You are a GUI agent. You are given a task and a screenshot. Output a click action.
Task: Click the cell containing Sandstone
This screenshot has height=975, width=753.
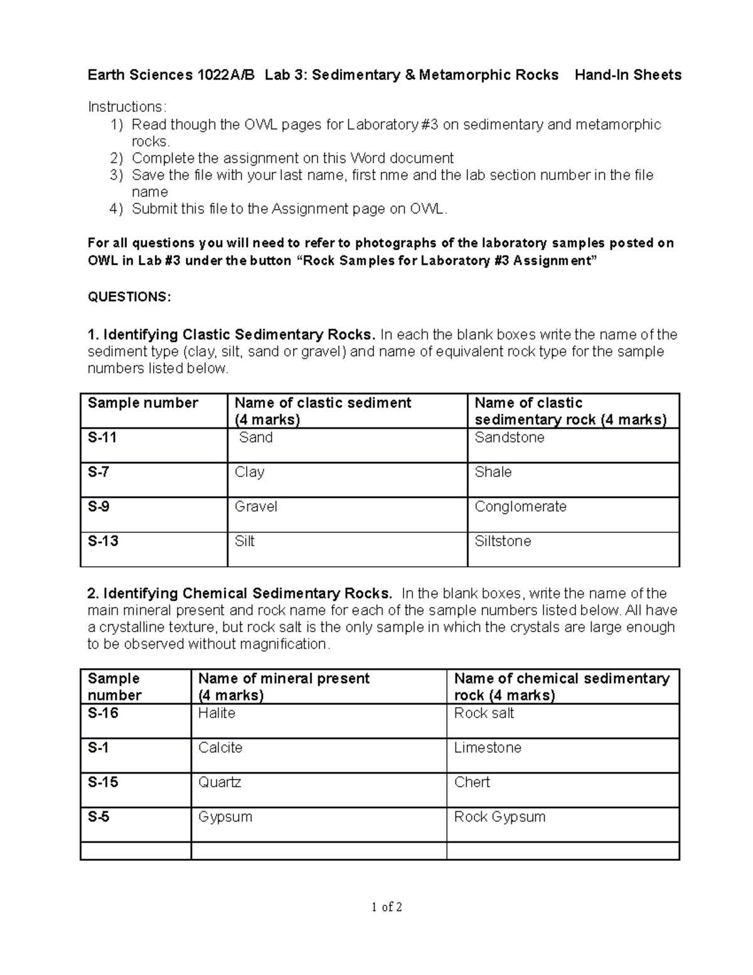coord(509,438)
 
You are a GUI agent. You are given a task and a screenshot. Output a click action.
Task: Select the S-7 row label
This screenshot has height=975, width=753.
coord(99,472)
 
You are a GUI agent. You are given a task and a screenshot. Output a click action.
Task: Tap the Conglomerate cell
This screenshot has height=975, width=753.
coord(520,507)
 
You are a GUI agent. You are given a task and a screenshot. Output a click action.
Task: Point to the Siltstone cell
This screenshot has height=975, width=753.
coord(503,541)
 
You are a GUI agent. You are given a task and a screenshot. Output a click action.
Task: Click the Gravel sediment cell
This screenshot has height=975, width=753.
coord(255,507)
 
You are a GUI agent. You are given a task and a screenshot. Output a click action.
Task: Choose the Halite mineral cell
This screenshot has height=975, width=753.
coord(216,713)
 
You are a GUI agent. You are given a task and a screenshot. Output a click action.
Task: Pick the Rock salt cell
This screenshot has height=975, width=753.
coord(484,713)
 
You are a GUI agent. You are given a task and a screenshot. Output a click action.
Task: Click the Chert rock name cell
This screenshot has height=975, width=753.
coord(472,782)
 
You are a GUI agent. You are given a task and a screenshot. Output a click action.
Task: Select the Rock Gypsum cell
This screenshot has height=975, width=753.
coord(499,817)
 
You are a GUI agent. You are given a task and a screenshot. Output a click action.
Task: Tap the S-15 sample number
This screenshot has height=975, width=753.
coord(103,782)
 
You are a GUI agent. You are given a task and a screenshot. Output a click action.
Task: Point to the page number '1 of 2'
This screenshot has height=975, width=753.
coord(387,907)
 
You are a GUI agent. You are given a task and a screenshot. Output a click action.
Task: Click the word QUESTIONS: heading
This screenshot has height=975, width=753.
coord(129,297)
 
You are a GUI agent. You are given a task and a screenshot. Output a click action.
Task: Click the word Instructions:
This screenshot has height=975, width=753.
coord(127,107)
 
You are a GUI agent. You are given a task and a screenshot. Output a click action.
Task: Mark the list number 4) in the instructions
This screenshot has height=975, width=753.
coord(117,209)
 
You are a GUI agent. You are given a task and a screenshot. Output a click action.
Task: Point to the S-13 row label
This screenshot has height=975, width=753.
coord(103,541)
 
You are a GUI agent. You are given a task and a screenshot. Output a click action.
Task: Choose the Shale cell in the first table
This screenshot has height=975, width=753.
coord(493,472)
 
